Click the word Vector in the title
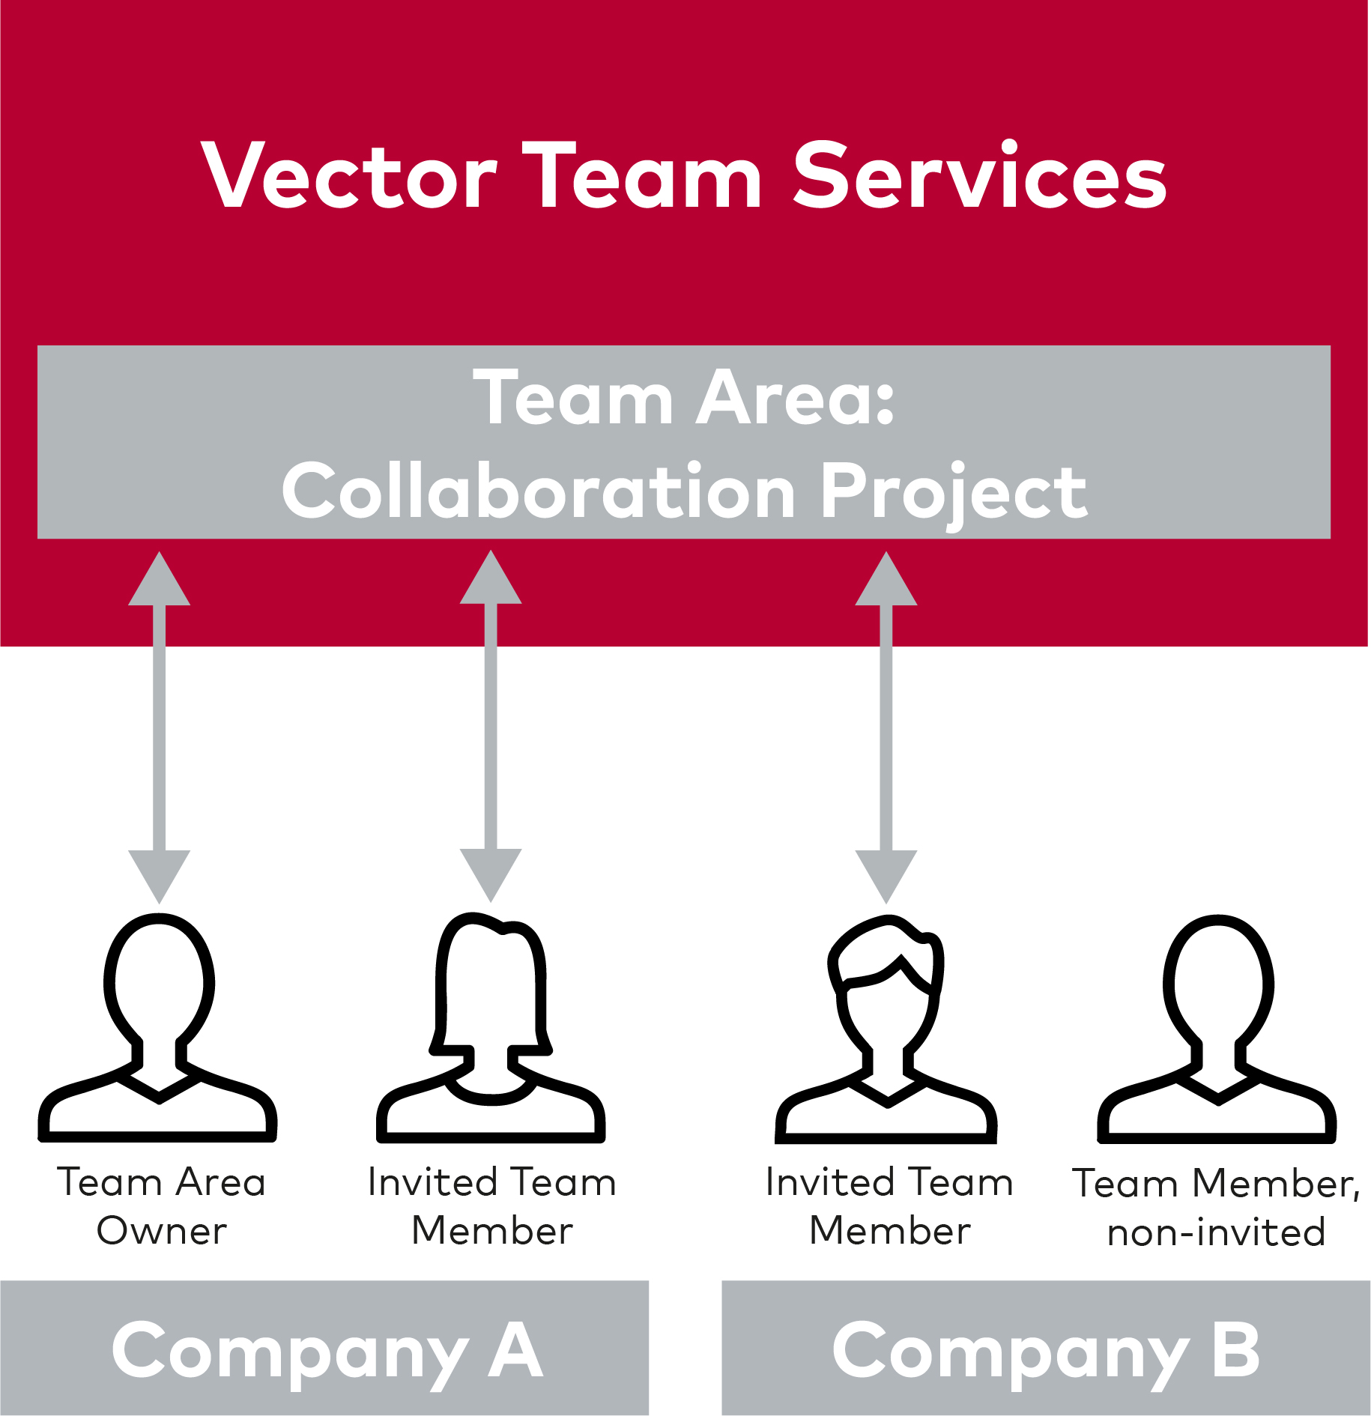(350, 175)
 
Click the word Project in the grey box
(954, 494)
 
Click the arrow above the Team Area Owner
(159, 727)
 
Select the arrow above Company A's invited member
(491, 726)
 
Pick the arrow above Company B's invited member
(886, 727)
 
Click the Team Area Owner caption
(161, 1206)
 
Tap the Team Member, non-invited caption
(1216, 1208)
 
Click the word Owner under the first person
(161, 1231)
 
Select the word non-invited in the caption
(1216, 1232)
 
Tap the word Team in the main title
(643, 175)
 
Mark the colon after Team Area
(886, 405)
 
